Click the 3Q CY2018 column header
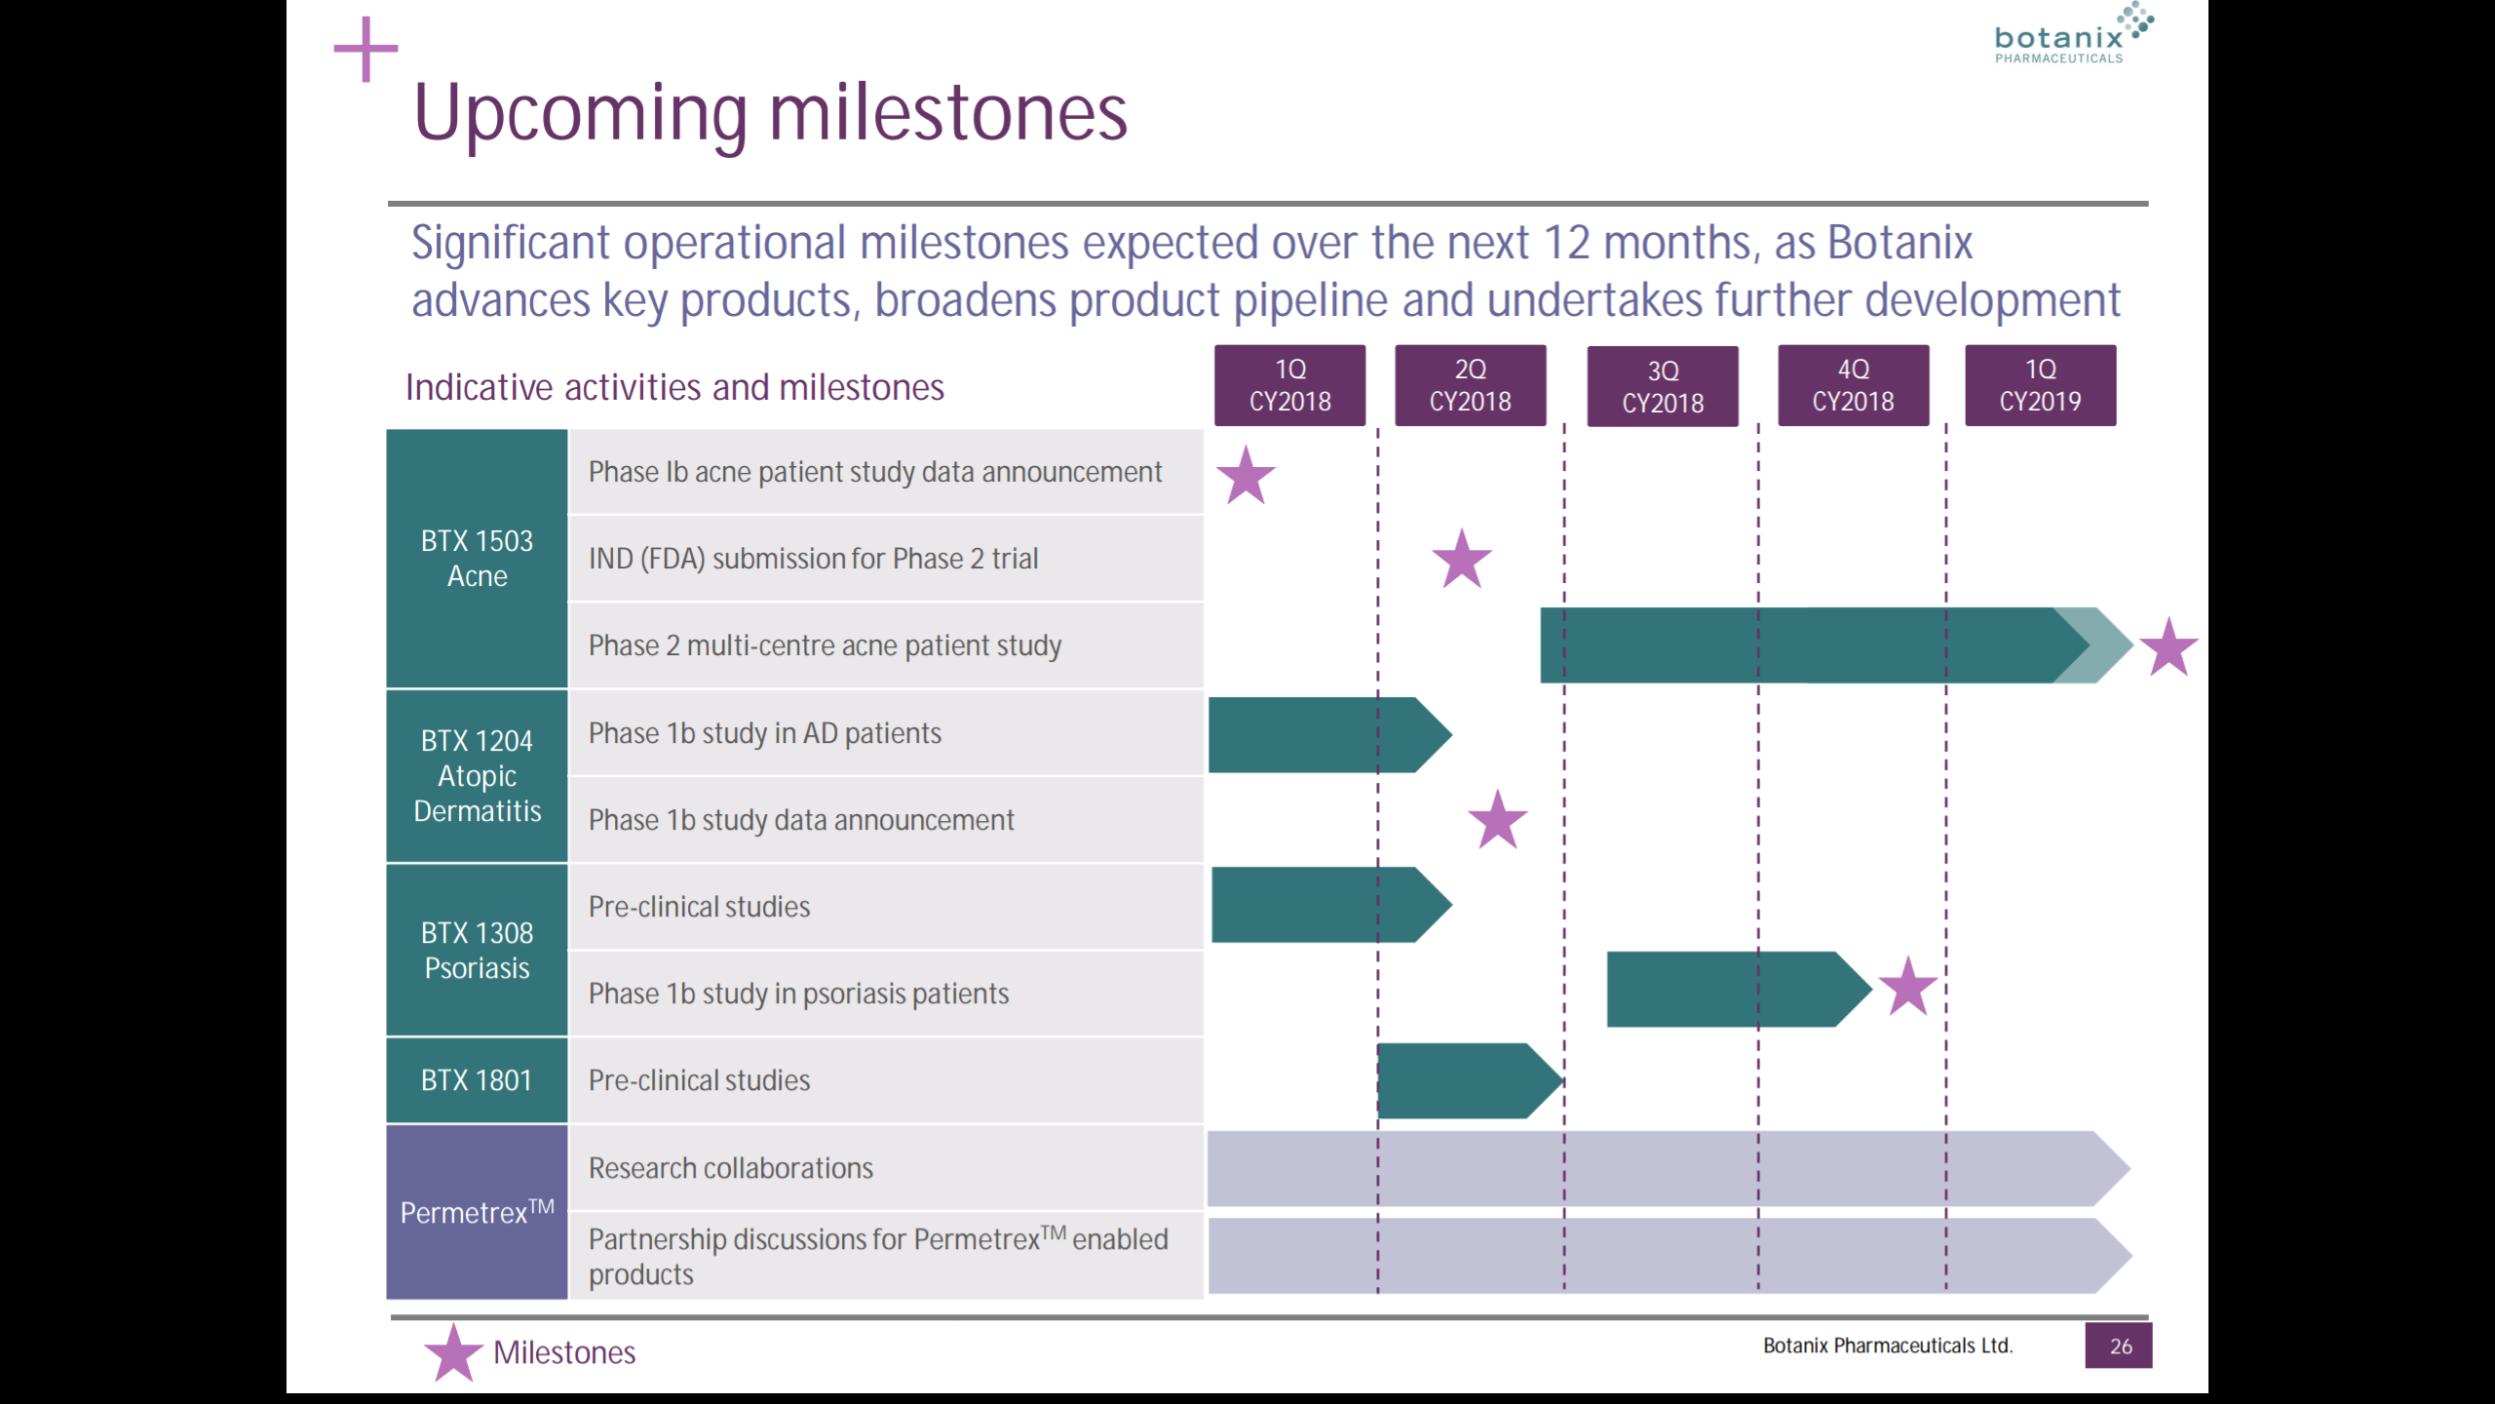click(x=1663, y=386)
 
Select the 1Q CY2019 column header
click(x=2040, y=385)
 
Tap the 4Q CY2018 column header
click(x=1853, y=385)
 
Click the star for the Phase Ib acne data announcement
click(x=1246, y=476)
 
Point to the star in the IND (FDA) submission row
click(x=1462, y=560)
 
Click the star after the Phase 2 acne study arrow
click(x=2169, y=647)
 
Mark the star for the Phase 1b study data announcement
click(x=1498, y=820)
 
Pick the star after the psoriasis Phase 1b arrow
click(x=1907, y=987)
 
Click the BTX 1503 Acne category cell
click(x=477, y=559)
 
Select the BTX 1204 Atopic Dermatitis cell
click(x=477, y=776)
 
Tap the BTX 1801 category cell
click(x=477, y=1080)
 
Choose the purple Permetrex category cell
click(x=477, y=1212)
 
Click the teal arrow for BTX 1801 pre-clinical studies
click(x=1471, y=1080)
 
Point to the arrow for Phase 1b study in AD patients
click(x=1330, y=735)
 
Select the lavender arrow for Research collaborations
click(x=1669, y=1168)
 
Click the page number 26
click(x=2120, y=1346)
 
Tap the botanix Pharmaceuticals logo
click(x=2073, y=34)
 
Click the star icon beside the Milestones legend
click(x=453, y=1353)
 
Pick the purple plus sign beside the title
click(x=365, y=49)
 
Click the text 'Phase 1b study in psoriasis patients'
click(x=798, y=994)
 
